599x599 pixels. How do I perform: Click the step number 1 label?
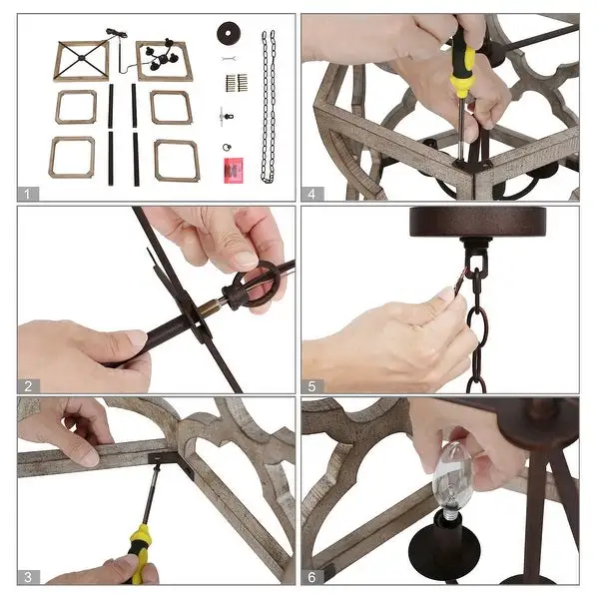pos(27,194)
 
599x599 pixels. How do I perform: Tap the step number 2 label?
pos(28,386)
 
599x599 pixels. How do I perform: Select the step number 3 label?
pos(28,577)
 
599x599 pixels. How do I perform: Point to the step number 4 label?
pos(312,194)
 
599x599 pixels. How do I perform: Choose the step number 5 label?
pos(312,386)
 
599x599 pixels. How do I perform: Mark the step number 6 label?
pos(312,577)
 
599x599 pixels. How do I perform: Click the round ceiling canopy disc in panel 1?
pos(228,33)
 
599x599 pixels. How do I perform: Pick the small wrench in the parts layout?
pos(230,59)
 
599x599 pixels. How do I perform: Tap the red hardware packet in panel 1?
pos(235,170)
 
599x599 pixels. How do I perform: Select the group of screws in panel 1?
pos(237,83)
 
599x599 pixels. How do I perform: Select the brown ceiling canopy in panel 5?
pos(472,222)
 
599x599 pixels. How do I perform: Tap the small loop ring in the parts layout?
pos(228,147)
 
